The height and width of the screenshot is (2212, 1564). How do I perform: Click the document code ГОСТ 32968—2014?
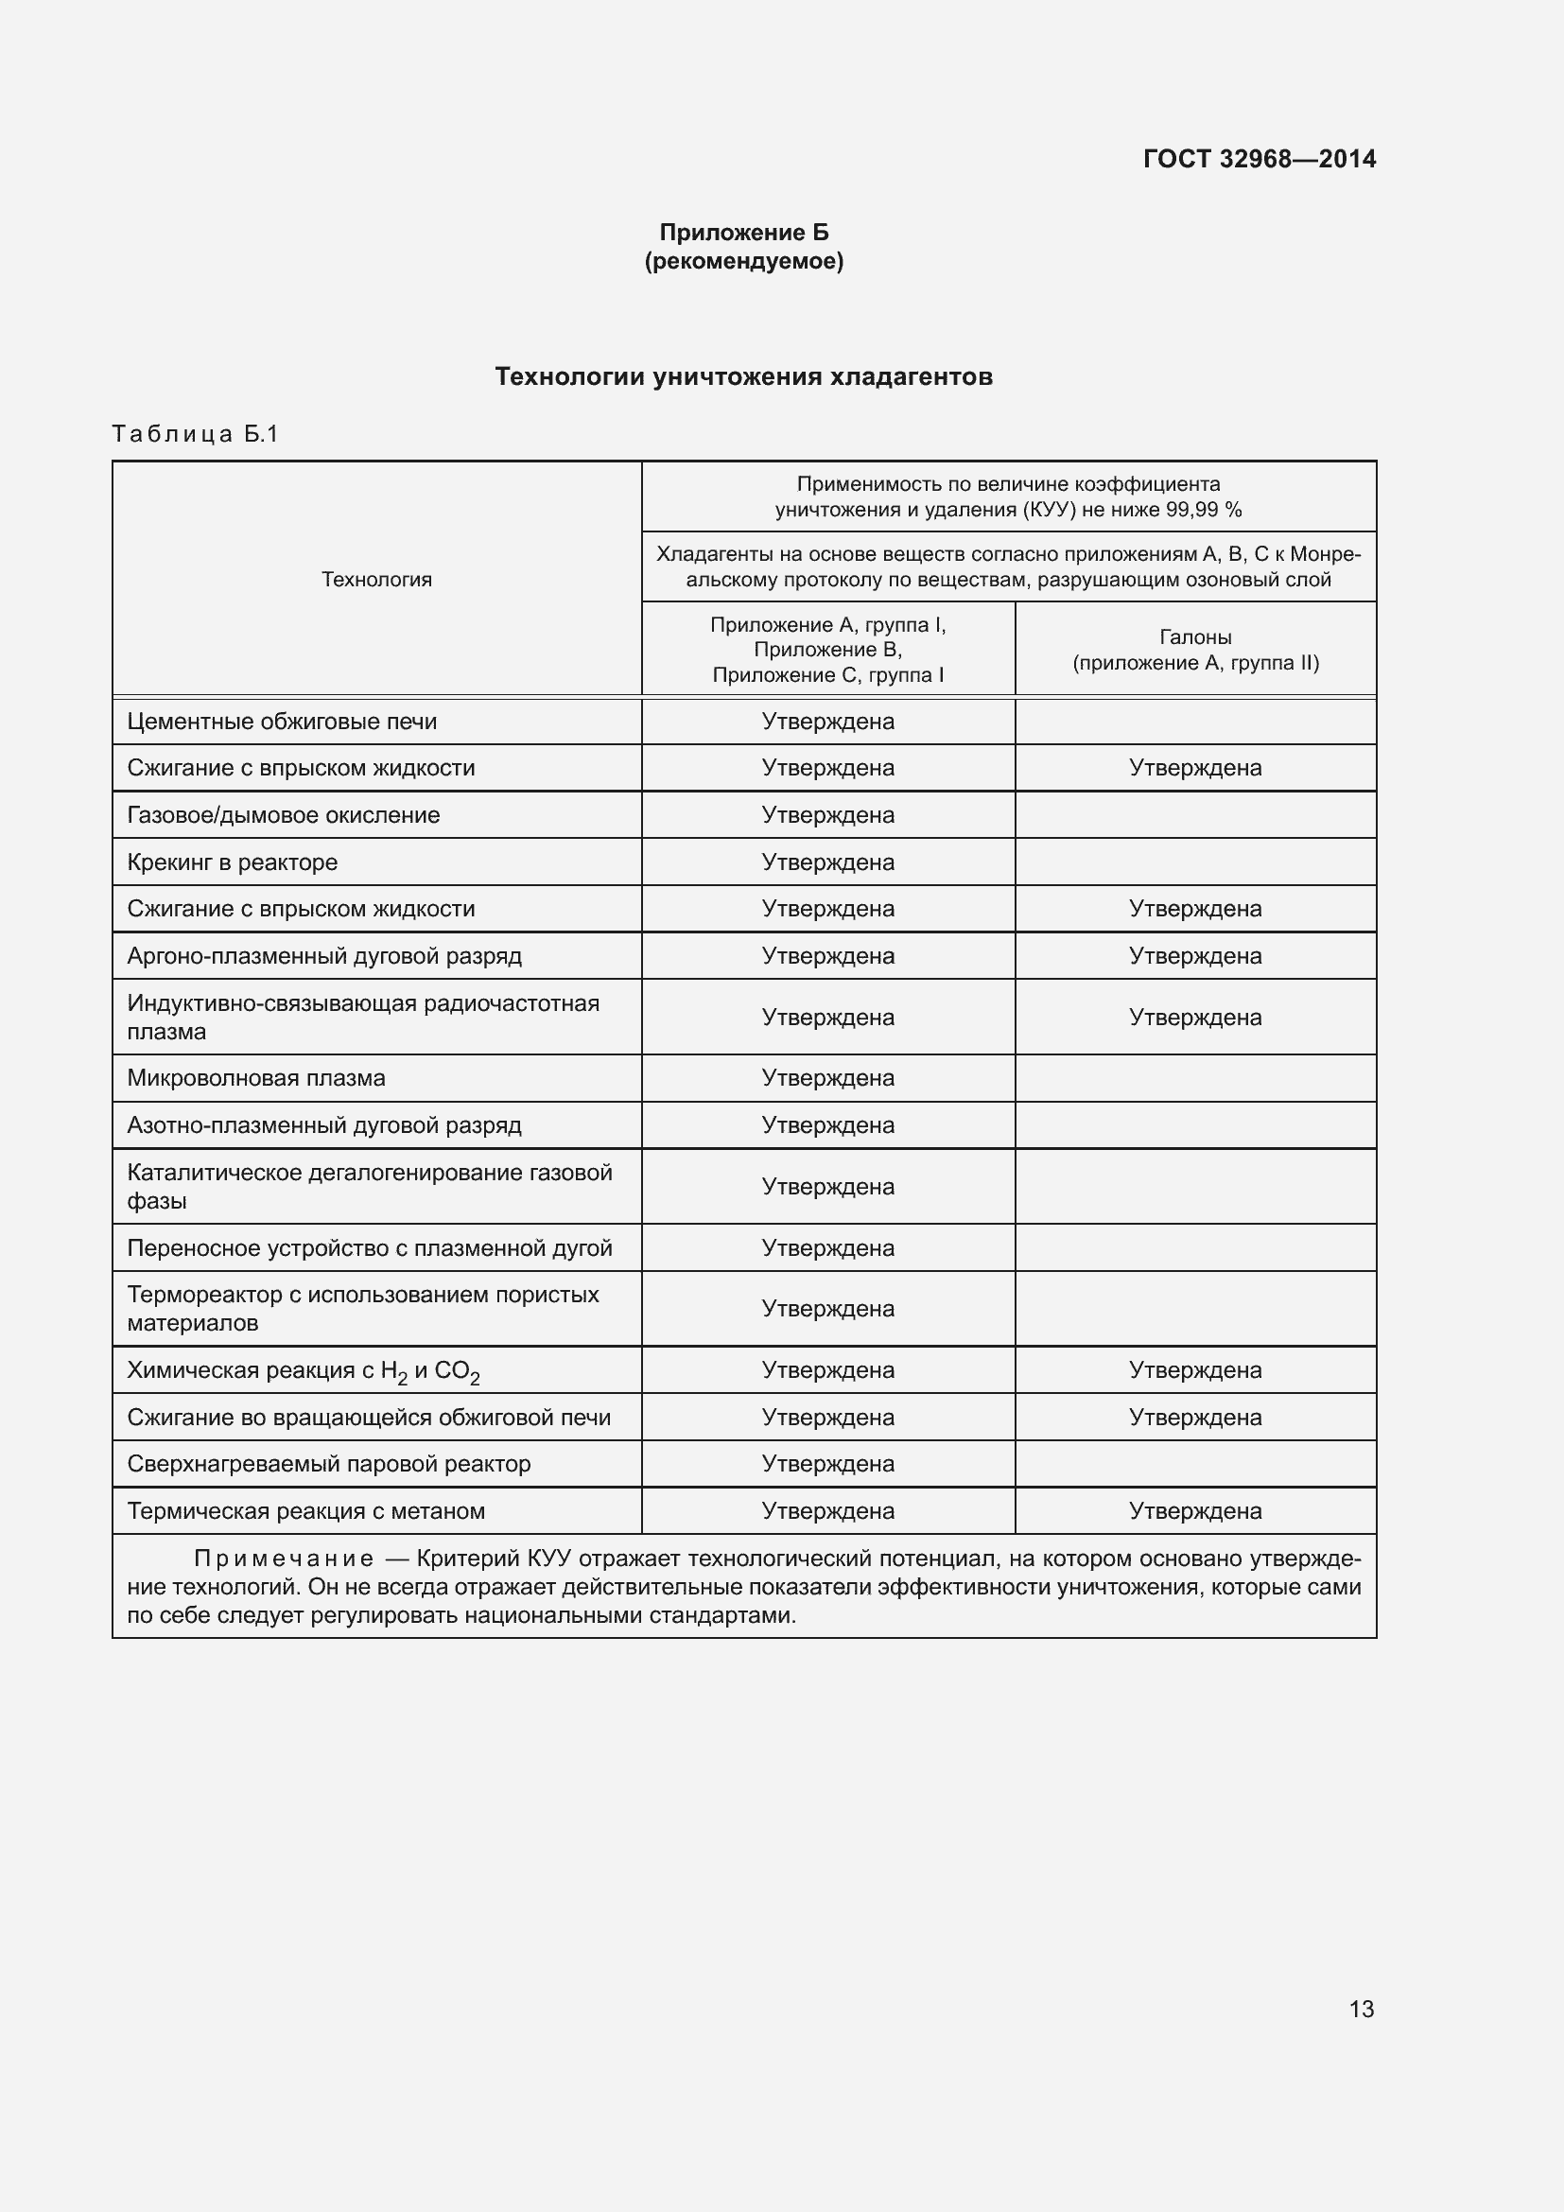point(1259,159)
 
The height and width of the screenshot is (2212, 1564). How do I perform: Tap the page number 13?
point(1361,2009)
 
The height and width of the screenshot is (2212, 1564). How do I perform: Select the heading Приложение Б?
point(743,233)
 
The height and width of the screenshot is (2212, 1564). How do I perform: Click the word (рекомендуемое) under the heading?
point(743,261)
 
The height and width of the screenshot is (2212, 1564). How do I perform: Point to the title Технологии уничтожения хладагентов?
point(743,376)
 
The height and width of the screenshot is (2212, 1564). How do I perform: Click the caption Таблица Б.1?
point(196,434)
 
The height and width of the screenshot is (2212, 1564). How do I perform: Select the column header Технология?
point(376,579)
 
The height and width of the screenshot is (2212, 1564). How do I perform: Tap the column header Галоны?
point(1195,636)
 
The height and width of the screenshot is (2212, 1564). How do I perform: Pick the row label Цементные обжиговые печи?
point(281,722)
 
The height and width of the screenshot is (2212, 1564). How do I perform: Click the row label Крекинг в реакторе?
point(232,862)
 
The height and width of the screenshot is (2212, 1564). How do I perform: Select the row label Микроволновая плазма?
point(256,1078)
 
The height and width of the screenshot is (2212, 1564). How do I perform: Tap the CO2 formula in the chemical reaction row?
point(457,1372)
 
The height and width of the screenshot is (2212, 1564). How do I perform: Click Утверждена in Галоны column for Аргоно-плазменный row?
point(1195,956)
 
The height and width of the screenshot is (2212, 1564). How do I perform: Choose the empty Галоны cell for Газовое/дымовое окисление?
point(1195,815)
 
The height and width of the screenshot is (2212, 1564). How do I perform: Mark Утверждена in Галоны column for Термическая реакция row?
point(1195,1510)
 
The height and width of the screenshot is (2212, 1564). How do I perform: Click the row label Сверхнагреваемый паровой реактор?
point(328,1463)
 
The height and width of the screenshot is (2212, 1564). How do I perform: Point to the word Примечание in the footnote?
point(283,1559)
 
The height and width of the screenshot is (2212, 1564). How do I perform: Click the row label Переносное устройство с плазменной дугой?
point(370,1247)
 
